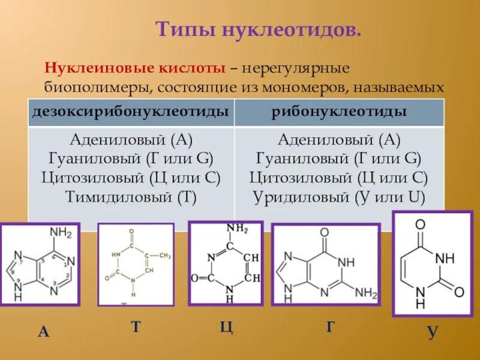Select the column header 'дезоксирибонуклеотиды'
pyautogui.click(x=130, y=112)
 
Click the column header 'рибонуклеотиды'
pyautogui.click(x=339, y=112)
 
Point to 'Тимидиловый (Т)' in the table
pyautogui.click(x=131, y=196)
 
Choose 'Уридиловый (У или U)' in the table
pyautogui.click(x=339, y=196)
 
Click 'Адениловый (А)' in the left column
pyautogui.click(x=131, y=141)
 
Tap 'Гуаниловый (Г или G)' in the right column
pyautogui.click(x=339, y=160)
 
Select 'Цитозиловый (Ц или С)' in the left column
pyautogui.click(x=131, y=178)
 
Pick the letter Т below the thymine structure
pyautogui.click(x=136, y=327)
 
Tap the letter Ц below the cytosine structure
pyautogui.click(x=226, y=328)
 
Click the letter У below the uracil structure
pyautogui.click(x=432, y=332)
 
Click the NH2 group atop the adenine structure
pyautogui.click(x=61, y=233)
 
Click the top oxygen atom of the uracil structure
pyautogui.click(x=420, y=224)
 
